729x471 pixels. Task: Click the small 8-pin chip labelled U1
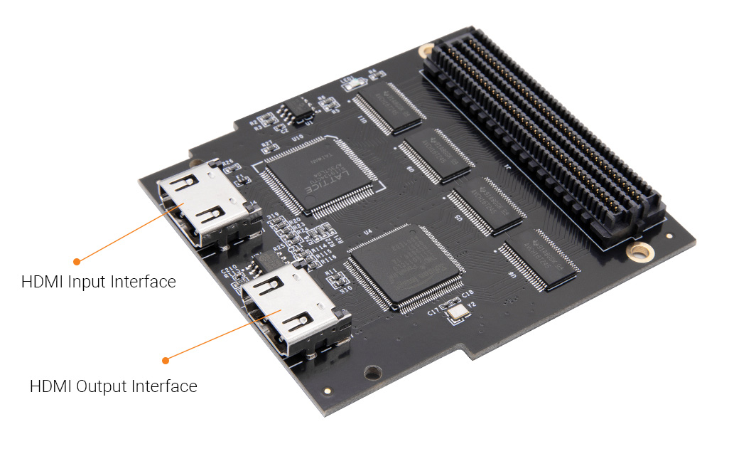pyautogui.click(x=298, y=110)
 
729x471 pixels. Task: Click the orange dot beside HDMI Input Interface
pyautogui.click(x=77, y=261)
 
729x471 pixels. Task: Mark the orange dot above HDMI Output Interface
pyautogui.click(x=166, y=359)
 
